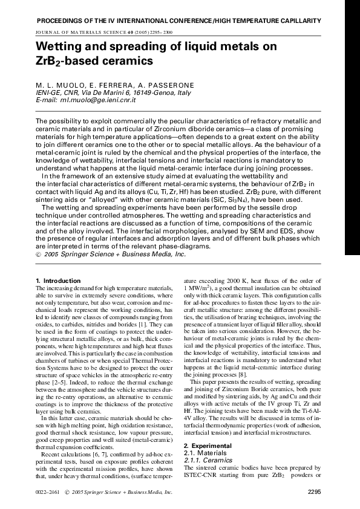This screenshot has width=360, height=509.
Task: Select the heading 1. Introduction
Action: pos(58,281)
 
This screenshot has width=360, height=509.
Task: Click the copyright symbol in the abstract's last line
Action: pos(39,256)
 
